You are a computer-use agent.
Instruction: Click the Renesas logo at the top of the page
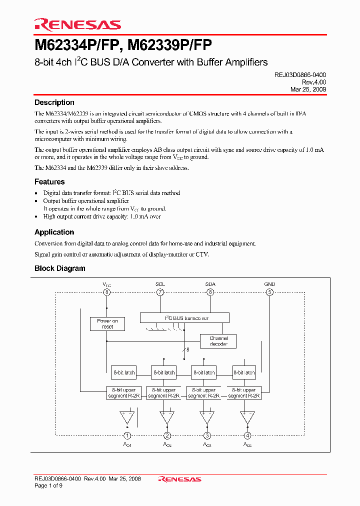(x=77, y=24)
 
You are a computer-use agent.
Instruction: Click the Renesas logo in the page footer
(x=179, y=479)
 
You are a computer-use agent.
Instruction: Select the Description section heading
(x=54, y=102)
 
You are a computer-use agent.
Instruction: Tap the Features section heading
(x=49, y=182)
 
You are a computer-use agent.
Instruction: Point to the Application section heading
(x=54, y=232)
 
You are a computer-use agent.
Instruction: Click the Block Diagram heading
(x=59, y=268)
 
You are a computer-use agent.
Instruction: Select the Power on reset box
(x=107, y=323)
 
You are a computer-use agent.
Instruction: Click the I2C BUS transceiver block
(x=184, y=318)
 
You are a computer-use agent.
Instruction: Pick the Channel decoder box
(x=218, y=341)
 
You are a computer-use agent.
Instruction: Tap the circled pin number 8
(x=106, y=292)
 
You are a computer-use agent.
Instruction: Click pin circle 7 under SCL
(x=160, y=292)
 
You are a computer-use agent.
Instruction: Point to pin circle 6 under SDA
(x=210, y=292)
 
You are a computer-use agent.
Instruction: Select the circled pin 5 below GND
(x=269, y=292)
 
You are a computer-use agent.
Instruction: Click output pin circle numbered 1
(x=127, y=435)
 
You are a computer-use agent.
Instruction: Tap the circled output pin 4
(x=247, y=435)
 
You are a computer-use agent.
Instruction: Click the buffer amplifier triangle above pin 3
(x=206, y=416)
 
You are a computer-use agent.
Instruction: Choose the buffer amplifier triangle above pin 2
(x=167, y=416)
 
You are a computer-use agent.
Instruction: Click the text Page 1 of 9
(x=48, y=485)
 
